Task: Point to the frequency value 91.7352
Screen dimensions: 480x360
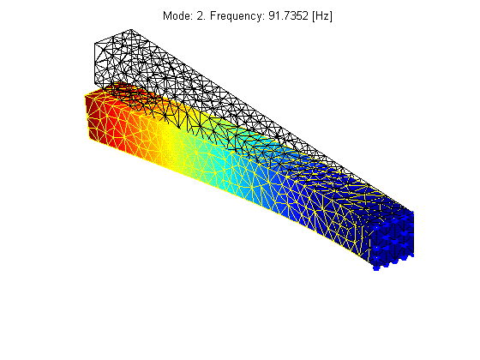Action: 288,15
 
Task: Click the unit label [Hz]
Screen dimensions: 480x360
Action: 322,16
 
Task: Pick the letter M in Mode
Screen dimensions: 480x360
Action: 167,15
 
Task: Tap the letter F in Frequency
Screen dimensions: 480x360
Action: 213,15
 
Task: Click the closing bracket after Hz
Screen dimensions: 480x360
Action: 331,16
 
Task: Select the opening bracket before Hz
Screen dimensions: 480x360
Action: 314,16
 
